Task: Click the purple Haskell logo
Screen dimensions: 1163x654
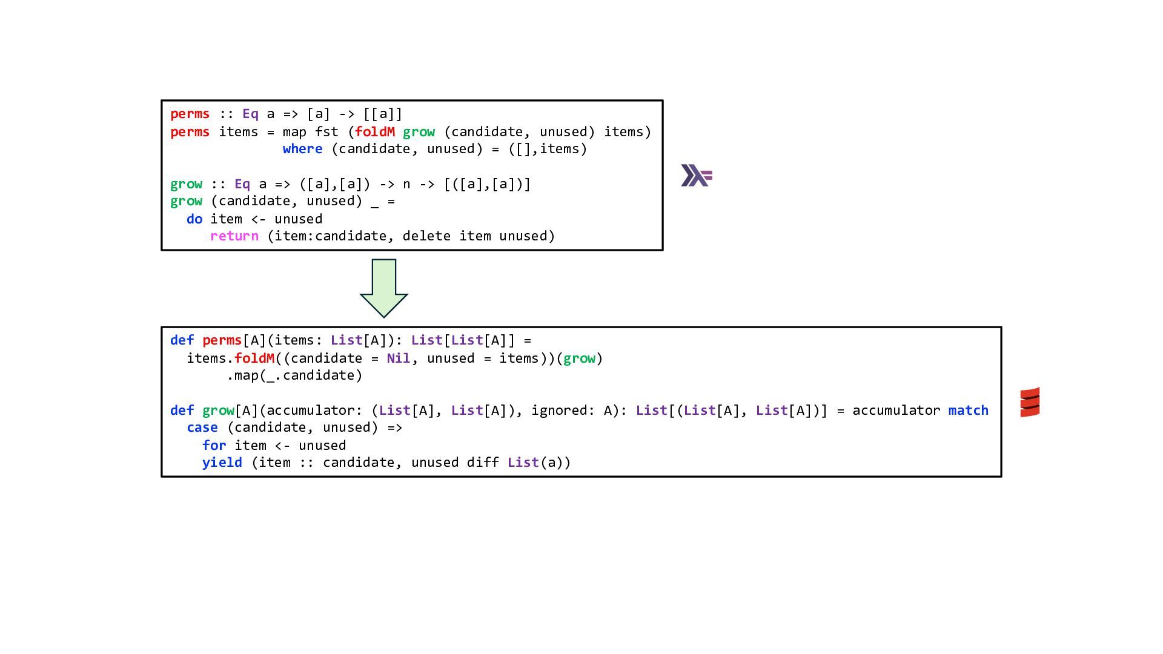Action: click(x=697, y=176)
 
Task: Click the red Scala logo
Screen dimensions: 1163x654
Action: click(x=1030, y=402)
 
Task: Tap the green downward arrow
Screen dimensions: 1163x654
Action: click(x=383, y=288)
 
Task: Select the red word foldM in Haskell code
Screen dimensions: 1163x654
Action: click(x=375, y=132)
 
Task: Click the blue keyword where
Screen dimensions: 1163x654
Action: click(x=302, y=149)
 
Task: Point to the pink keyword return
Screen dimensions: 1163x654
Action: click(x=234, y=236)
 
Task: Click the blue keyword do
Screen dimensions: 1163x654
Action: click(x=194, y=219)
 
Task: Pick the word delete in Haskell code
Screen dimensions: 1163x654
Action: click(x=426, y=236)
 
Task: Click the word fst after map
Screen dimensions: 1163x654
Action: click(x=326, y=132)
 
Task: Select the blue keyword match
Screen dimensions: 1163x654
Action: click(x=968, y=411)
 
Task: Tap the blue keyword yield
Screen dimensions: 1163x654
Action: click(x=222, y=463)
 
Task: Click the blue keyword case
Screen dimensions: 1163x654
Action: click(x=202, y=428)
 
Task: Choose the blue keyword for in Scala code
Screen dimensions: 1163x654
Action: click(x=214, y=446)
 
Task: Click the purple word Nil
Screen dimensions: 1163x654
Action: click(x=398, y=358)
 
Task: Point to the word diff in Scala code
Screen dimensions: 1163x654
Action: click(x=483, y=463)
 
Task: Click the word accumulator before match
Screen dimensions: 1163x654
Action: click(x=896, y=411)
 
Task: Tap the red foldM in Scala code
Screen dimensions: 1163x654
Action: click(x=254, y=358)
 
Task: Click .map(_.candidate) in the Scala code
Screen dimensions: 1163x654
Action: click(x=294, y=375)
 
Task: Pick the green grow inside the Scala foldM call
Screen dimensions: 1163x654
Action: click(x=579, y=358)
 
